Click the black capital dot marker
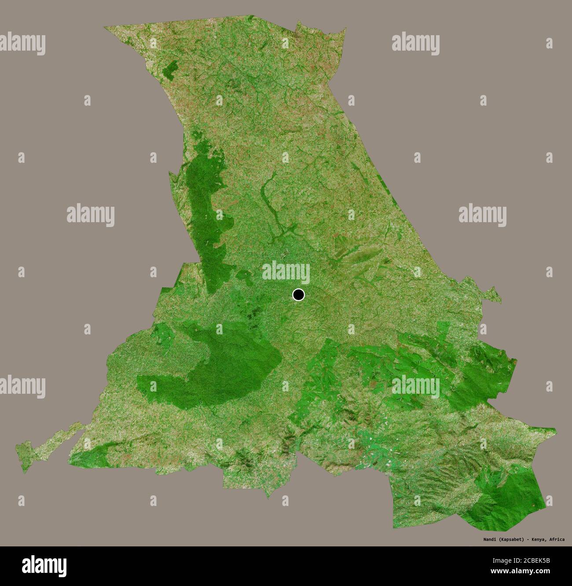298,294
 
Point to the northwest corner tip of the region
105,28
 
